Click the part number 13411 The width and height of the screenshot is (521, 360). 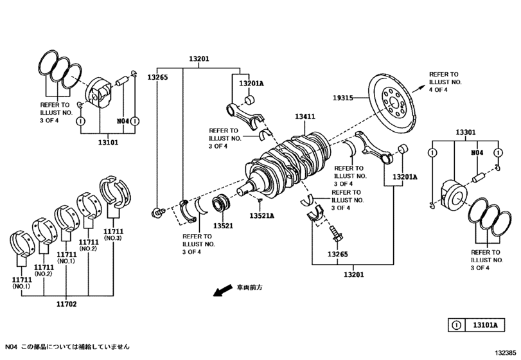[305, 117]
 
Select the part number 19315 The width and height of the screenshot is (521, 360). [343, 98]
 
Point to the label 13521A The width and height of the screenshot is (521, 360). [262, 215]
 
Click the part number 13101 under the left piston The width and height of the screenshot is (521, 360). [107, 143]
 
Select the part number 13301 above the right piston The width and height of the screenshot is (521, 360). [465, 132]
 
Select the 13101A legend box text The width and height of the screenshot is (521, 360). [486, 325]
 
